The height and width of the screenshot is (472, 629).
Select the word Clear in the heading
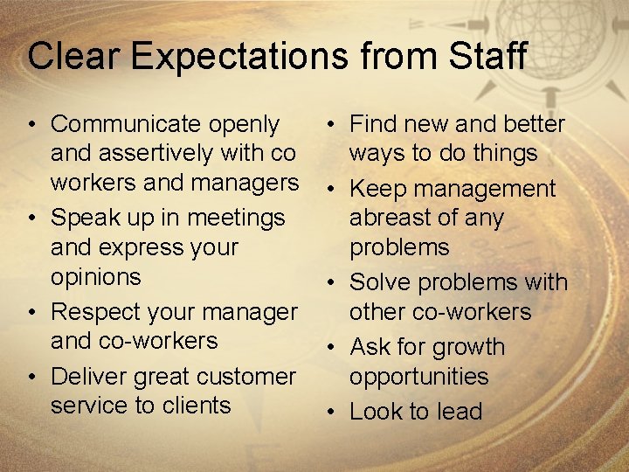[x=71, y=56]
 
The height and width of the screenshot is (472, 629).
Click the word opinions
[x=95, y=276]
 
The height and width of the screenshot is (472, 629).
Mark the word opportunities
[x=418, y=377]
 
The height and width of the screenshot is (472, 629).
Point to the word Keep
[x=379, y=189]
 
